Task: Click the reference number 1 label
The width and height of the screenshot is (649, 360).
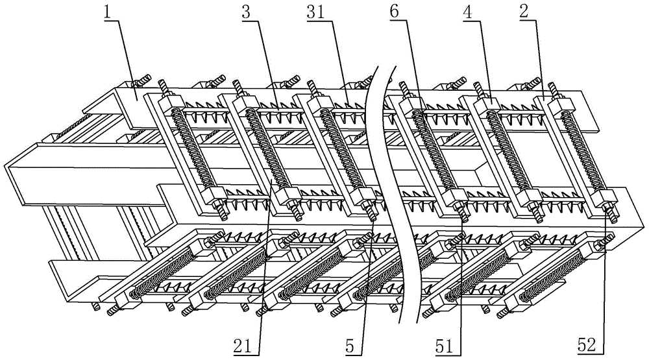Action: click(x=108, y=12)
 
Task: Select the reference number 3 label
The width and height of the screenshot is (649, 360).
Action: click(x=246, y=12)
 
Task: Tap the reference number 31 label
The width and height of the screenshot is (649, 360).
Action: click(x=316, y=12)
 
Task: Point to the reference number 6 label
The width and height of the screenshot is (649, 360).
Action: click(x=394, y=12)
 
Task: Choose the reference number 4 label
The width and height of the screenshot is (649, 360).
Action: click(x=468, y=12)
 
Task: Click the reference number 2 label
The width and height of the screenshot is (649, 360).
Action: click(x=524, y=12)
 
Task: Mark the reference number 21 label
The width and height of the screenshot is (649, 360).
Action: click(x=243, y=346)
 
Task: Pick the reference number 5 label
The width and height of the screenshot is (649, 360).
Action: click(x=350, y=346)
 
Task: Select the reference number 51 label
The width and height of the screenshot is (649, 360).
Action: click(x=444, y=346)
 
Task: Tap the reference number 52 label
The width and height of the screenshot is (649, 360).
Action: click(x=587, y=346)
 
